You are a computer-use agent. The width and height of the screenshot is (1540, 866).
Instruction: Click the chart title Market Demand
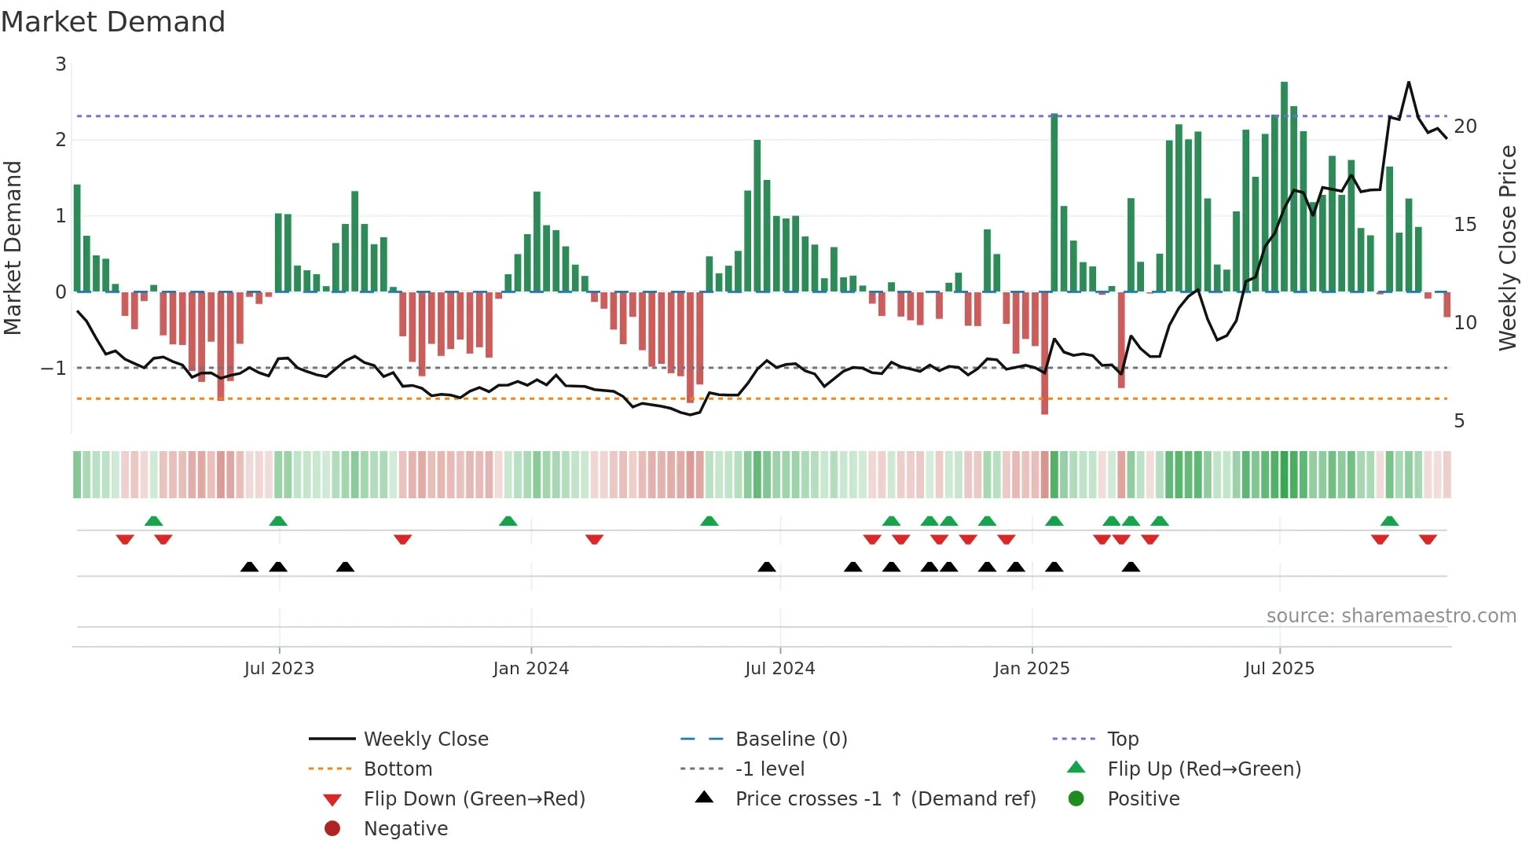pos(113,22)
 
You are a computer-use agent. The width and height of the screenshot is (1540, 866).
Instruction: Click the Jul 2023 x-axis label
pos(279,669)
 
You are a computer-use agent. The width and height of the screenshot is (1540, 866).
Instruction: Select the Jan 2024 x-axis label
pos(531,669)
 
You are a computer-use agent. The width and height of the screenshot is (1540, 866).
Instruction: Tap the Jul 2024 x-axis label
pos(780,669)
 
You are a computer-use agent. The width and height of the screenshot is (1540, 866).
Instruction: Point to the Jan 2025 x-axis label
pos(1032,669)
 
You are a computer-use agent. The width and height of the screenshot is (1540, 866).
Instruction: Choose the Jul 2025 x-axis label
pos(1279,669)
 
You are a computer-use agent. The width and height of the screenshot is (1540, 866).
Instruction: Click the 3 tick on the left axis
pos(60,64)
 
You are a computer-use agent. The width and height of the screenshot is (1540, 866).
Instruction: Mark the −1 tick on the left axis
pos(53,369)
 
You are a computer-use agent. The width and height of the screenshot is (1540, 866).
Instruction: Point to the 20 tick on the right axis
pos(1465,127)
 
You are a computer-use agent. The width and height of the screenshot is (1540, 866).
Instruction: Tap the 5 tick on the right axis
pos(1459,421)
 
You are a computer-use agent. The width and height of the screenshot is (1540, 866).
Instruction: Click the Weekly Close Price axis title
pos(1508,248)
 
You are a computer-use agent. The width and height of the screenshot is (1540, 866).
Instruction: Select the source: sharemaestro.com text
pos(1391,616)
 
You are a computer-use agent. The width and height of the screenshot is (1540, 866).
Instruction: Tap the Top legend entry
pos(1123,739)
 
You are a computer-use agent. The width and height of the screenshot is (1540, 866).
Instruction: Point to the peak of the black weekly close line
pos(1409,82)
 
